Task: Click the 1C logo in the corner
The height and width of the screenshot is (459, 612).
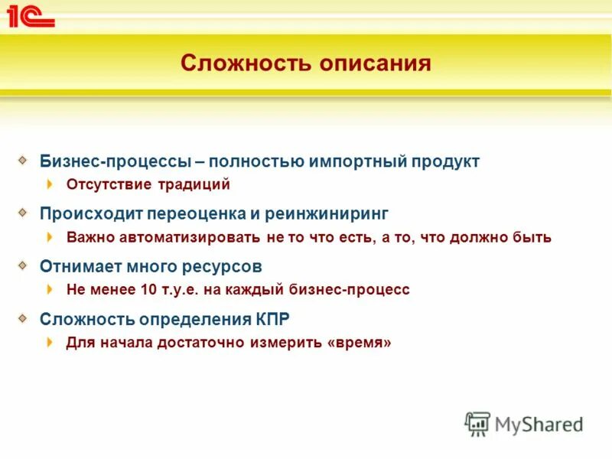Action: coord(31,16)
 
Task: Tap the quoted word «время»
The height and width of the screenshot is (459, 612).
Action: coord(359,343)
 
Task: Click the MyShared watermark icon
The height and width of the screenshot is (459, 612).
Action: coord(477,424)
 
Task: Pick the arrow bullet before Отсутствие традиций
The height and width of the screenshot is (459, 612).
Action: coord(50,184)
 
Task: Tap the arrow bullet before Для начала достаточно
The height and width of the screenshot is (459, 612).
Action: coord(50,343)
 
